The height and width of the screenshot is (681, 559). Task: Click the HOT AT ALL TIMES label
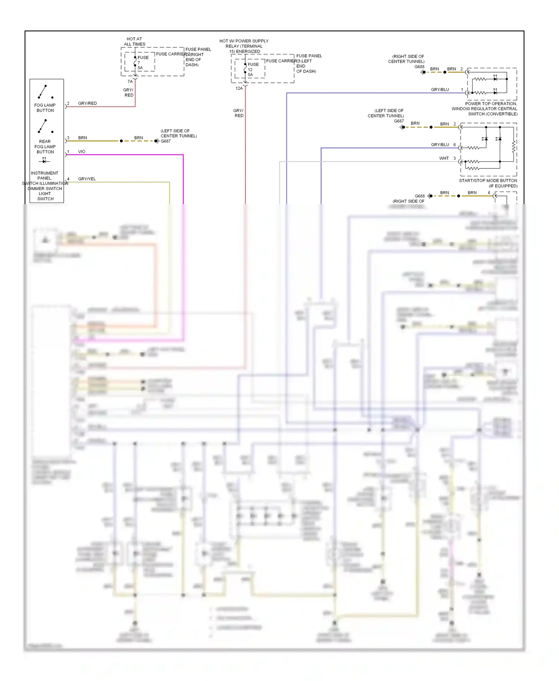(135, 41)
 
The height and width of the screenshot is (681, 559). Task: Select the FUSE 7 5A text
(142, 63)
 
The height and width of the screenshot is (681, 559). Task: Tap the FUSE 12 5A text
(253, 69)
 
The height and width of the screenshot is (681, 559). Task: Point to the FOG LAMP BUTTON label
(45, 108)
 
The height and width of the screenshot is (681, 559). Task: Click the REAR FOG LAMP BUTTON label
(45, 146)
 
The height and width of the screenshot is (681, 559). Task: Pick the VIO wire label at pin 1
(82, 152)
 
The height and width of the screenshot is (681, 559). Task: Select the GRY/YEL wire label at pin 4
(87, 179)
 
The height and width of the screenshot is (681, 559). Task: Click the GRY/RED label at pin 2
(88, 103)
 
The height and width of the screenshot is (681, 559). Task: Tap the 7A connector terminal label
(130, 82)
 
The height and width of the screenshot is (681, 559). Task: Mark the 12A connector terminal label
(239, 88)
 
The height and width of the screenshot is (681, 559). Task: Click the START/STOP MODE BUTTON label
(488, 181)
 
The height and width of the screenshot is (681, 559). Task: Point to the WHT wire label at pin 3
(444, 158)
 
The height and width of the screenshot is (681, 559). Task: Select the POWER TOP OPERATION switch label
(484, 109)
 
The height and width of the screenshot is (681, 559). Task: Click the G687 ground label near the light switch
(165, 141)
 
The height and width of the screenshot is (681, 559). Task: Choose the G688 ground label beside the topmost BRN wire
(420, 67)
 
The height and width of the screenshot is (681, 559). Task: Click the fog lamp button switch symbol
(45, 92)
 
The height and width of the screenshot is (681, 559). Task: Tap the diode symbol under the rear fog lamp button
(44, 161)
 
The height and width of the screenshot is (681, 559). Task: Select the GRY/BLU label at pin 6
(440, 145)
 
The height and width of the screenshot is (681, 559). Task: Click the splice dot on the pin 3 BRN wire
(121, 141)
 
